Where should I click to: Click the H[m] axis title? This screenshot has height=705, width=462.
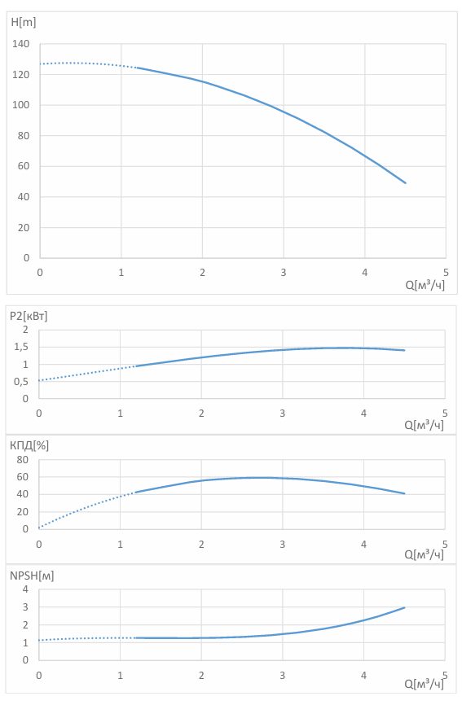[x=23, y=22]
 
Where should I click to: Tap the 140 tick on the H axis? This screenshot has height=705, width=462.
[x=20, y=44]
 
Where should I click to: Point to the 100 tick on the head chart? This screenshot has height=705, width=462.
[x=20, y=105]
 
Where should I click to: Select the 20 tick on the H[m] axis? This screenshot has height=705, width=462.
[x=24, y=227]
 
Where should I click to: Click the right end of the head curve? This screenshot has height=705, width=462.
[x=405, y=182]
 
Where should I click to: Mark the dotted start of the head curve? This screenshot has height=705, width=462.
[x=41, y=63]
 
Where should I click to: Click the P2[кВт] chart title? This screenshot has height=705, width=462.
[x=29, y=316]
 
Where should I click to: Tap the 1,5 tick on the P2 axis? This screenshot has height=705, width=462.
[x=21, y=347]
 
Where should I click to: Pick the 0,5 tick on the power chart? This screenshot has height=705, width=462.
[x=21, y=381]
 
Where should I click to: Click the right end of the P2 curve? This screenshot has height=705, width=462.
[x=404, y=350]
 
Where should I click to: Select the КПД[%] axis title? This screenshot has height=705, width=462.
[x=29, y=445]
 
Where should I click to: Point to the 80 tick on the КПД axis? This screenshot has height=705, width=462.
[x=23, y=459]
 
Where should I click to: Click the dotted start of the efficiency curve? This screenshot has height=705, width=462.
[x=40, y=528]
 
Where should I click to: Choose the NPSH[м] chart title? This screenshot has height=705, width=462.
[x=32, y=576]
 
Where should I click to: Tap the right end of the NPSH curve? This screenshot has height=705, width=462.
[x=404, y=607]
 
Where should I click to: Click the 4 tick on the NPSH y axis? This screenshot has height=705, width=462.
[x=25, y=589]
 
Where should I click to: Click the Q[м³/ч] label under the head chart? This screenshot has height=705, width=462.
[x=425, y=285]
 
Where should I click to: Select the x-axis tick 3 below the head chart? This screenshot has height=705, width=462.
[x=284, y=273]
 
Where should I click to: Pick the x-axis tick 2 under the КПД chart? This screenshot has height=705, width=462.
[x=201, y=545]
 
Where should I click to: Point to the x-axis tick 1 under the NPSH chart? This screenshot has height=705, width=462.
[x=120, y=676]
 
